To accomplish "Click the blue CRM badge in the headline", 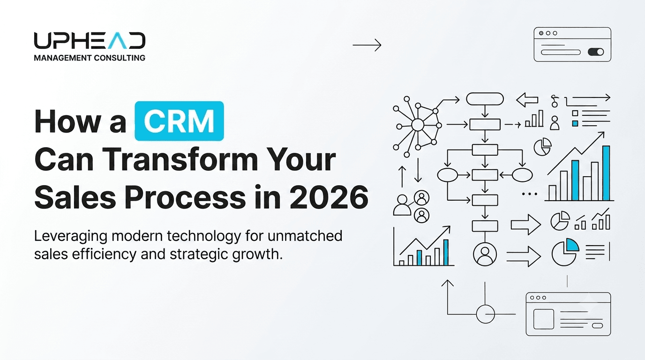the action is [x=179, y=121].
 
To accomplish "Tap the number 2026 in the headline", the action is [x=329, y=197].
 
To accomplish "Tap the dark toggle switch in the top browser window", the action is [x=596, y=52].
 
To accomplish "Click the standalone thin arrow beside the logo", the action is [x=367, y=45].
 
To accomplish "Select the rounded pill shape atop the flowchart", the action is [x=485, y=99].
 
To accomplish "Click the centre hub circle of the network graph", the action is [x=418, y=125].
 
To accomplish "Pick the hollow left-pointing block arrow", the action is [x=527, y=100].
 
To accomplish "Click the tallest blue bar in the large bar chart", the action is [x=606, y=173].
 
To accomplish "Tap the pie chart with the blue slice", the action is [x=565, y=252].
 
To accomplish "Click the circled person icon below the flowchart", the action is [x=485, y=255].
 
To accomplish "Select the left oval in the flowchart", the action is [x=448, y=175].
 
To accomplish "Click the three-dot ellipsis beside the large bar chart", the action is [x=530, y=194].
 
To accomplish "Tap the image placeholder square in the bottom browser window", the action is [x=544, y=319].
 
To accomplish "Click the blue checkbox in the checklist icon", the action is [x=575, y=124].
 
